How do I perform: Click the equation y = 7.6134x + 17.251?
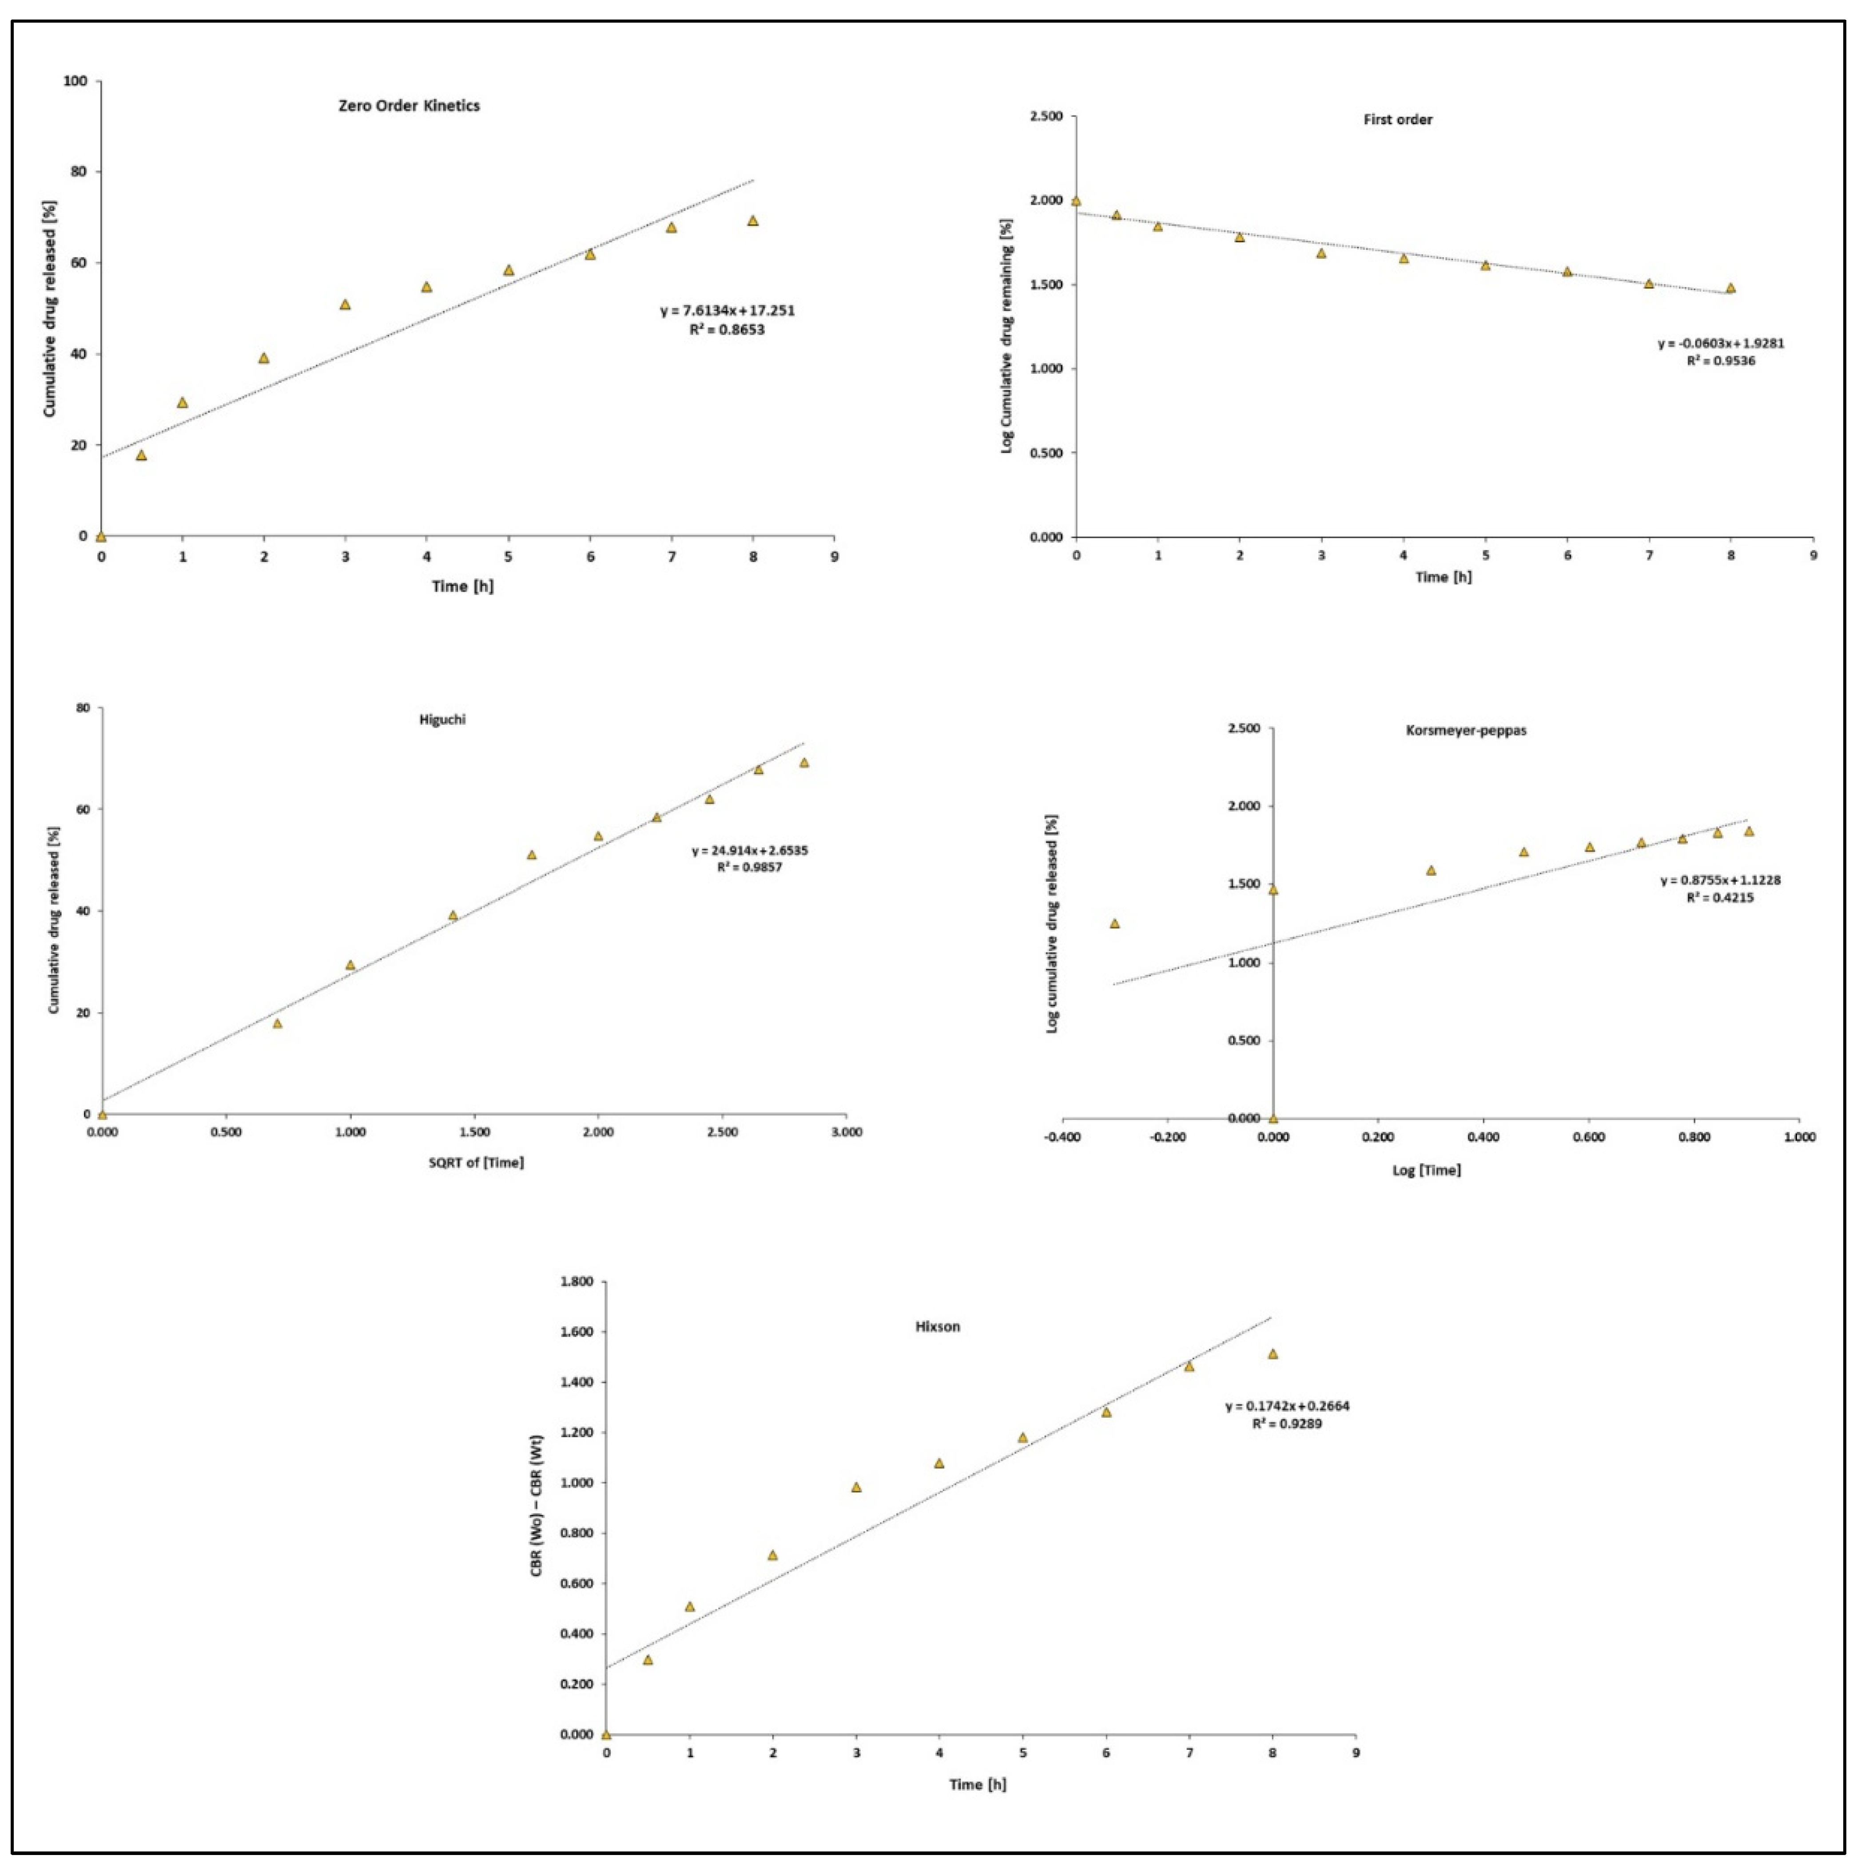pyautogui.click(x=727, y=311)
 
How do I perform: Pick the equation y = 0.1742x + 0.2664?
pyautogui.click(x=1287, y=1406)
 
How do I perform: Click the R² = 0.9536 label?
pyautogui.click(x=1721, y=360)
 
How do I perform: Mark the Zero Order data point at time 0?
pyautogui.click(x=100, y=536)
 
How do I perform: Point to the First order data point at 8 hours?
pyautogui.click(x=1730, y=288)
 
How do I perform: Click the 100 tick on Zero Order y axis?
pyautogui.click(x=76, y=81)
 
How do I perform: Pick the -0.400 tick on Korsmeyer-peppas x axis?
pyautogui.click(x=1062, y=1137)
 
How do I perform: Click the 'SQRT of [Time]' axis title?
pyautogui.click(x=476, y=1163)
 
